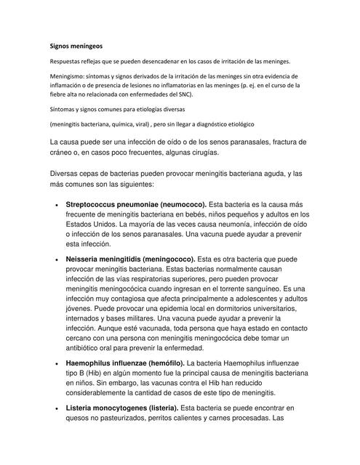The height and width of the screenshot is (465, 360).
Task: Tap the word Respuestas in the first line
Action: (69, 62)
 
